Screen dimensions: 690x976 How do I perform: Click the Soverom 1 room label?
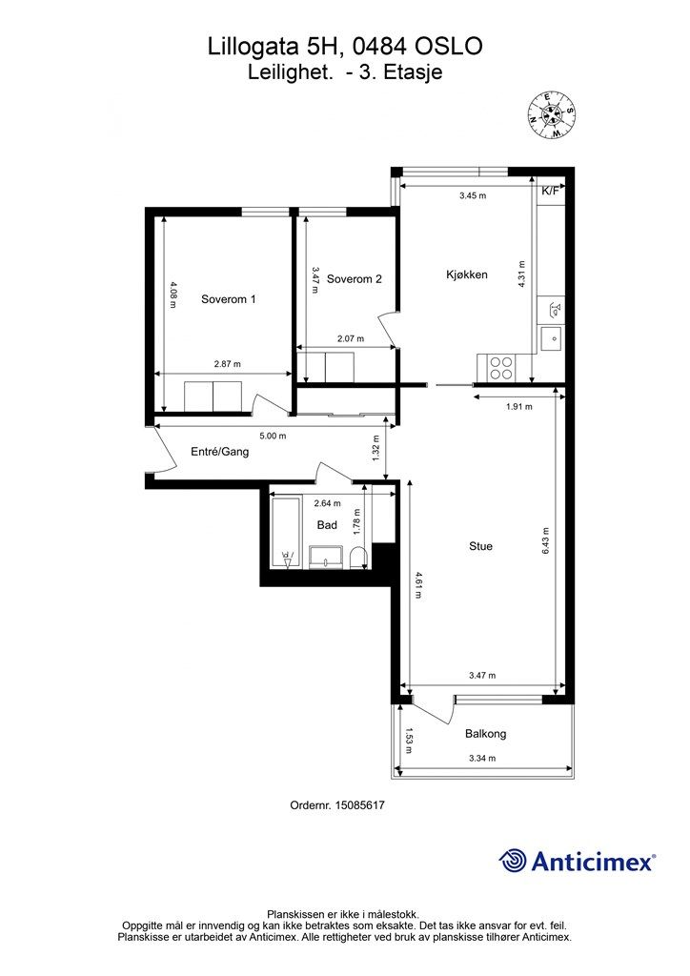coord(229,299)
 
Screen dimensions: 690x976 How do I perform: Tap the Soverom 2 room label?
coord(354,279)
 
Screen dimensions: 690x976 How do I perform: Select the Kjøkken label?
coord(467,274)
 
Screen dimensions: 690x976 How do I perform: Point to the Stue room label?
coord(480,546)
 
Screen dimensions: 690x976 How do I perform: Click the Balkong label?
coord(485,734)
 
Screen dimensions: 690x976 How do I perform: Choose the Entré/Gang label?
coord(219,452)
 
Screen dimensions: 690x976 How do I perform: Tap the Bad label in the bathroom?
coord(327,525)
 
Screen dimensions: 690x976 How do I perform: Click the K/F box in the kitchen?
coord(550,191)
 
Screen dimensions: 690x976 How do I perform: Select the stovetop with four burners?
coord(501,367)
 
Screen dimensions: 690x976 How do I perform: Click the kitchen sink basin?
coord(551,338)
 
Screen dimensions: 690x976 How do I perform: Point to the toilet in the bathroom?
coord(358,558)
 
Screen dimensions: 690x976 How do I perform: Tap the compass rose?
coord(551,114)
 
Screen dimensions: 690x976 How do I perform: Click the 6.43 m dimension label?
coord(546,541)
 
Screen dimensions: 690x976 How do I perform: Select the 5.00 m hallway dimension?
coord(273,436)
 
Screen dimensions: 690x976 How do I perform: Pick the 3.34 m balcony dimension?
coord(482,758)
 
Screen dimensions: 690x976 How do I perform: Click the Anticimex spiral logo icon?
coord(513,861)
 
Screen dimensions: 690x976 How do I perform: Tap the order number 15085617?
coord(359,805)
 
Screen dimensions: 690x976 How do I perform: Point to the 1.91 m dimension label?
coord(518,407)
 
